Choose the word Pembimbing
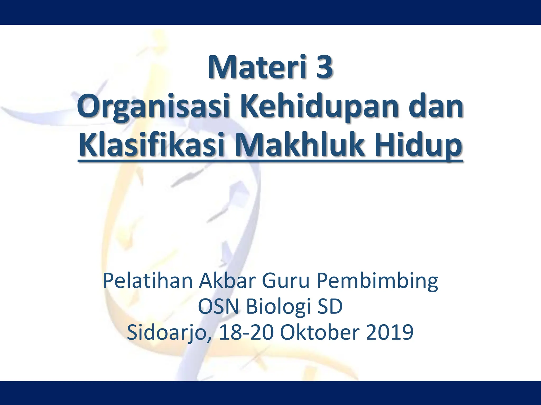(377, 282)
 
